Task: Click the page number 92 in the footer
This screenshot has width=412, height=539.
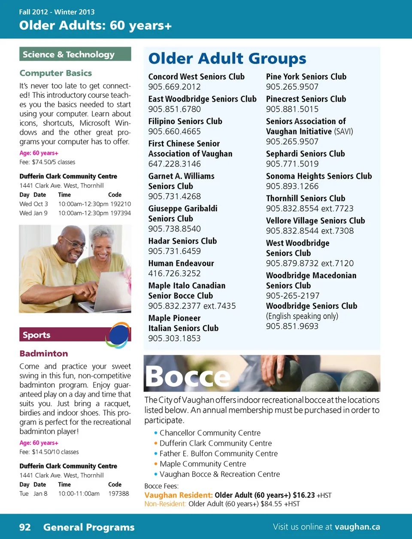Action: pos(25,527)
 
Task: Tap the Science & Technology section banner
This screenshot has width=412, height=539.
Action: pos(75,54)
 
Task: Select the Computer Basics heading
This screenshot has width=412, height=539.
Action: pos(56,73)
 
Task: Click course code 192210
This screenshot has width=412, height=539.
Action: pos(121,204)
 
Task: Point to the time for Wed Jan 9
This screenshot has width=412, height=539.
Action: pos(83,213)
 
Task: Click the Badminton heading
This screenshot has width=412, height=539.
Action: pos(44,353)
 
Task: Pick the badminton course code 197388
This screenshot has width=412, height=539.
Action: pos(118,493)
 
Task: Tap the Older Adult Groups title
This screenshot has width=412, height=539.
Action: pos(227,58)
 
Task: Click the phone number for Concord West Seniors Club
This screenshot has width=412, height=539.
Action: pos(174,87)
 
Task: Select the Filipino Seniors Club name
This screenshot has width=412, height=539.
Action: pos(185,121)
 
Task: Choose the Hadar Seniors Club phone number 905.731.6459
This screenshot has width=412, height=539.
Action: pos(174,251)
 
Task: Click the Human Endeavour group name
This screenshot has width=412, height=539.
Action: pos(181,263)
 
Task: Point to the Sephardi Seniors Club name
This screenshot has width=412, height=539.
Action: pos(306,154)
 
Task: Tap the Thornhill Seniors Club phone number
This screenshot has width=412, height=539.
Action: pos(309,208)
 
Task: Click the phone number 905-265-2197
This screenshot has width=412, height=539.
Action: pos(293,295)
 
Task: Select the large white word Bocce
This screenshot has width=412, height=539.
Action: pos(188,377)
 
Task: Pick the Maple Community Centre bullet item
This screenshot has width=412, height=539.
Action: pos(203,464)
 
